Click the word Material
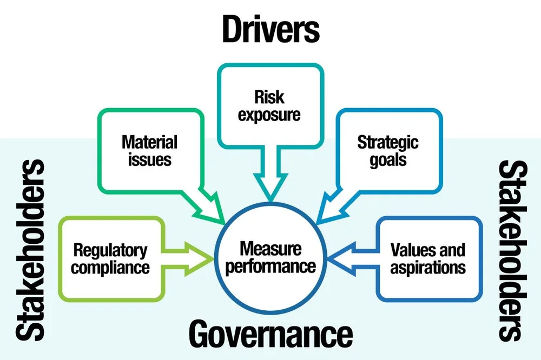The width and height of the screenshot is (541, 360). [x=149, y=142]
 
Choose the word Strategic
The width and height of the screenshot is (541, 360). [x=388, y=142]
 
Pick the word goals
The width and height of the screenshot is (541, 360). [x=388, y=161]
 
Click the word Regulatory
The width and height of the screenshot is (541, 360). [x=110, y=250]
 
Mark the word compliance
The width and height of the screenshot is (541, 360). [x=110, y=267]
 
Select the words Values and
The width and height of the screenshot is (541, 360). [x=427, y=250]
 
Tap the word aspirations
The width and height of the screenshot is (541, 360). [x=427, y=267]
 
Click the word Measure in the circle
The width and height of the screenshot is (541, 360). [x=270, y=249]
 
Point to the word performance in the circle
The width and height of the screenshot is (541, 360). [x=270, y=266]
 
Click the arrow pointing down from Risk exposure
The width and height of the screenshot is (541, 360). [x=270, y=182]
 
